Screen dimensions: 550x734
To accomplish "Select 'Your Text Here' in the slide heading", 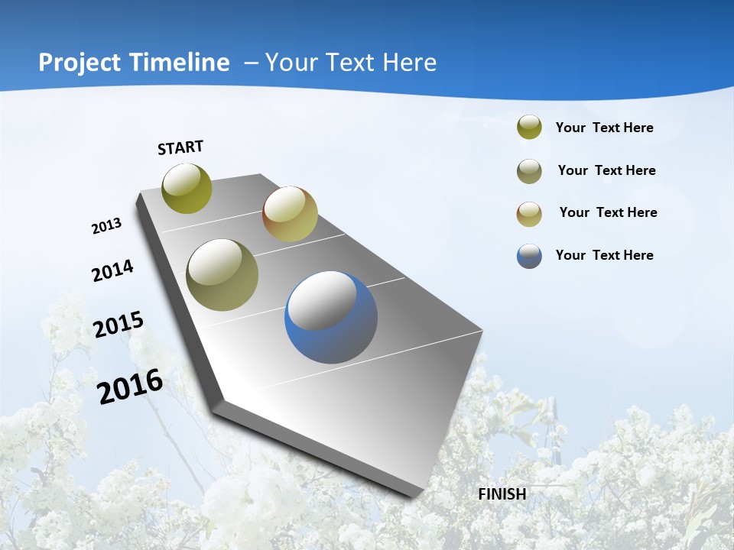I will tap(351, 63).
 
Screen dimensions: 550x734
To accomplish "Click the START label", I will tap(180, 147).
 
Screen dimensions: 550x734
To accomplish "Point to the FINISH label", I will tap(502, 494).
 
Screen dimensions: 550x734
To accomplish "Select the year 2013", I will tap(107, 226).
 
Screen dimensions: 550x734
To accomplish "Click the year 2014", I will tap(112, 270).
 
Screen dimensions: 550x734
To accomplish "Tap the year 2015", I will tap(119, 325).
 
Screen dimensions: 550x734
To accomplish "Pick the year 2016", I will tap(130, 387).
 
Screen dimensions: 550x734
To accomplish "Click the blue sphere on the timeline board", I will tap(331, 318).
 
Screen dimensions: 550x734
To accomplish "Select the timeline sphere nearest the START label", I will tap(187, 188).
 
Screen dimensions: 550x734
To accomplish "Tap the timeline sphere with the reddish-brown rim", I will tap(290, 214).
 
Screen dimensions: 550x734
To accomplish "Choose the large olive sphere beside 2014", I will tap(222, 275).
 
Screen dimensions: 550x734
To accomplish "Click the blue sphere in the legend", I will tap(529, 256).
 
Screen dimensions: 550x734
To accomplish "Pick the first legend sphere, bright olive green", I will tap(529, 128).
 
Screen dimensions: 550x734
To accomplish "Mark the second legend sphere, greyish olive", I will tap(529, 171).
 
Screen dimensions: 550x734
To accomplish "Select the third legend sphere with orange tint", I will tap(529, 214).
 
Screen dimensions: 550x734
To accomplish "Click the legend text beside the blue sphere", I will tap(604, 255).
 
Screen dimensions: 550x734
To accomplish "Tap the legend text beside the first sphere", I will tap(604, 128).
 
